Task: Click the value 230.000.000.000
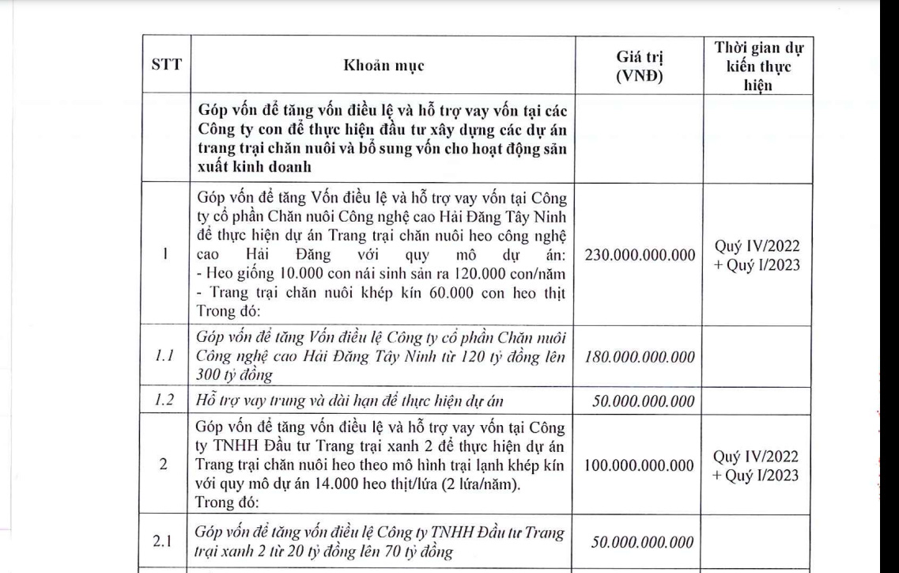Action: coord(641,256)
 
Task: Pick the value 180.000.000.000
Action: coord(641,357)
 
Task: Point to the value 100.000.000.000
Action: coord(641,465)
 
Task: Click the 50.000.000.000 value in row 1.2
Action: coord(641,401)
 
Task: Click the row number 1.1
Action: coord(163,357)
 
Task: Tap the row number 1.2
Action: coord(163,401)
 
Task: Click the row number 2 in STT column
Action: coord(163,465)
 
